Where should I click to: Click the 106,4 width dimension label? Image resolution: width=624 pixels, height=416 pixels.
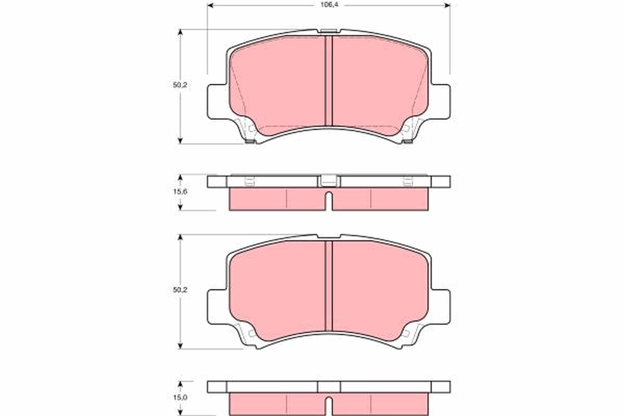coord(328,6)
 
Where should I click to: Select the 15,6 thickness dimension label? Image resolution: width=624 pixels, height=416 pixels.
coord(180,192)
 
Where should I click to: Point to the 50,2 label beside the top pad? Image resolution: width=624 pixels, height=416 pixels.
coord(180,86)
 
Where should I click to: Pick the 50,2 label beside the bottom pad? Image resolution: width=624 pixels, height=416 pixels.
coord(180,291)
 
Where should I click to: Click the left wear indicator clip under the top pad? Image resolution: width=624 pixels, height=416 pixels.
coord(250,141)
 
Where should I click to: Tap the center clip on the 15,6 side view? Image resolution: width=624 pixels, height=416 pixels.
coord(329,181)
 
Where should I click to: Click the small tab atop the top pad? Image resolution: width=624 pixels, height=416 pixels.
coord(329,32)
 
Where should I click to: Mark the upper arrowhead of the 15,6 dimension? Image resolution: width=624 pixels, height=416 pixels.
coord(180,177)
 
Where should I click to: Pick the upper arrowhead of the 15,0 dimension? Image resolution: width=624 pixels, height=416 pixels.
coord(180,384)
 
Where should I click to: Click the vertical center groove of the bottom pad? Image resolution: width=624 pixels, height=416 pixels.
coord(329,286)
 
